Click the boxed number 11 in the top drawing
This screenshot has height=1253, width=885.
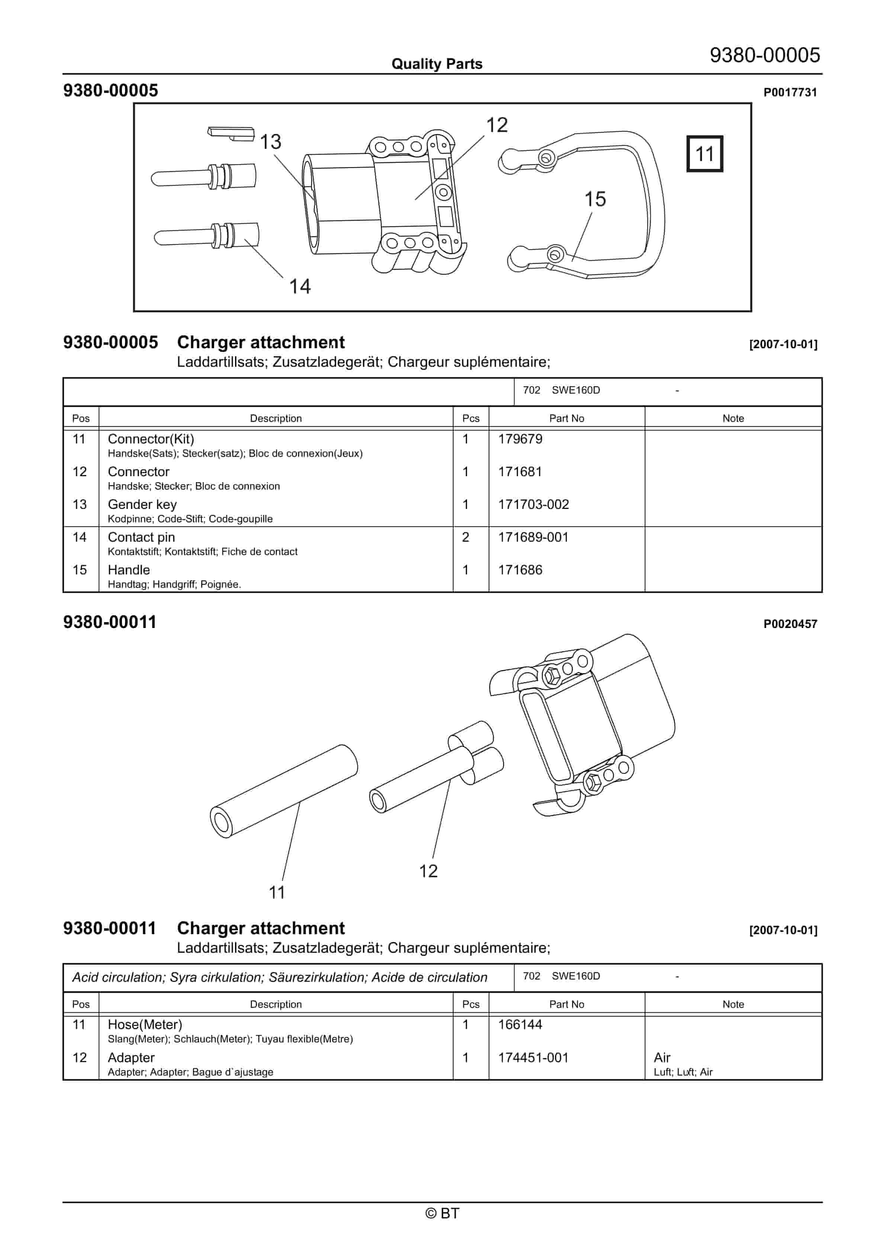coord(704,154)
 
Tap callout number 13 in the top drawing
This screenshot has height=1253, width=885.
coord(271,142)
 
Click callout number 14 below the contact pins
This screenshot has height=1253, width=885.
coord(300,286)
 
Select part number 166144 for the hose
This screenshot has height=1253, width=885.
coord(520,1024)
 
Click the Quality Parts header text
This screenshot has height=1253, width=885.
coord(437,64)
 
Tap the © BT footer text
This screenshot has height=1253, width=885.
coord(442,1213)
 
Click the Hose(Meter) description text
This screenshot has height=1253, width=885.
coord(145,1024)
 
